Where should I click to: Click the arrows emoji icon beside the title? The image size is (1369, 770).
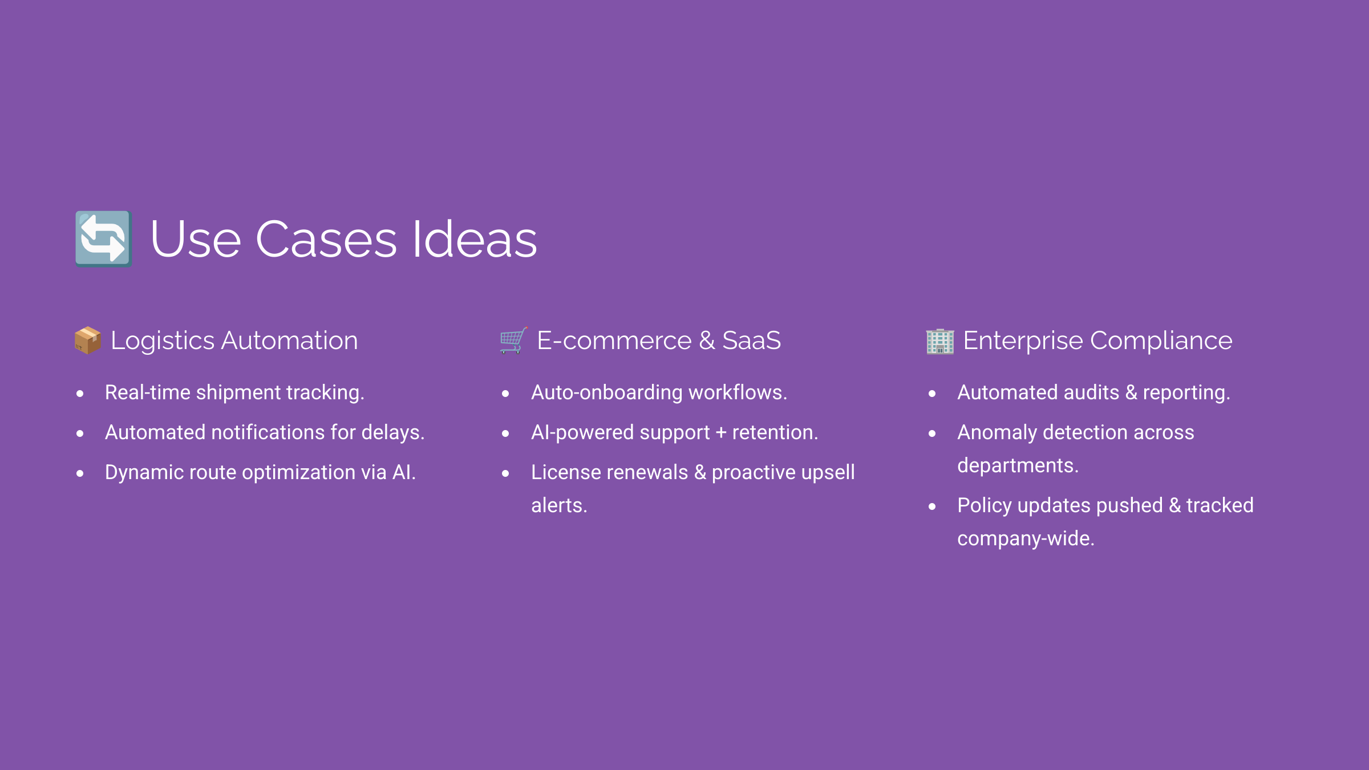[103, 238]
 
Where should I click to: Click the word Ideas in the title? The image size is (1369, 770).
[474, 240]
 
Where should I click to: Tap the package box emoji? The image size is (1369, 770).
[88, 341]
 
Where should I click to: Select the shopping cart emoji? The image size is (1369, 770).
[513, 341]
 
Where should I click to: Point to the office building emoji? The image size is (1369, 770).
[939, 341]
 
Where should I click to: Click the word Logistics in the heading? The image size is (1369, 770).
[163, 341]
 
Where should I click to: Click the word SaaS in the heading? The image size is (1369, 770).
[751, 341]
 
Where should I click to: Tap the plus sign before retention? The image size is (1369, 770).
[721, 433]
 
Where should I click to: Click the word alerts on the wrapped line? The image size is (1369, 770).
[558, 506]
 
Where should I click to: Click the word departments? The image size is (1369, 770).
[1017, 466]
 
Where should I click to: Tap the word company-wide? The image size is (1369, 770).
[1025, 539]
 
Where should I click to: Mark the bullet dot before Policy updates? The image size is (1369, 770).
[932, 506]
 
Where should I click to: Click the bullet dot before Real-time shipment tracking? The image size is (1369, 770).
[80, 394]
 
